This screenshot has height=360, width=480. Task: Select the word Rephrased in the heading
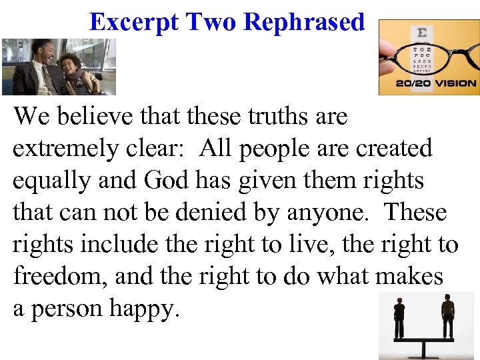click(x=304, y=22)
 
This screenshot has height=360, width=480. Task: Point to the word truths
click(x=271, y=117)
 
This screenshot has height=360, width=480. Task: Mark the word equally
click(x=56, y=181)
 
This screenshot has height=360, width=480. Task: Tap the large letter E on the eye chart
click(x=421, y=34)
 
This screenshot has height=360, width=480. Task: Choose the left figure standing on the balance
click(x=399, y=317)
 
